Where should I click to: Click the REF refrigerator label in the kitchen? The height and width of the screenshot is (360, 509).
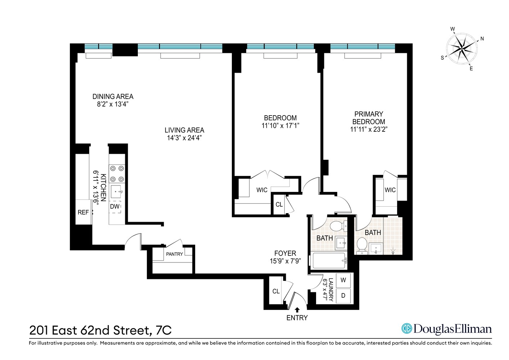click(83, 212)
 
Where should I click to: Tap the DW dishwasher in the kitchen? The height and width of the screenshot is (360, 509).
click(115, 207)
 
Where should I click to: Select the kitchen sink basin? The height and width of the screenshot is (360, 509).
click(117, 192)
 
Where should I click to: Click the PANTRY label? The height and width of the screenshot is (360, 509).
click(175, 254)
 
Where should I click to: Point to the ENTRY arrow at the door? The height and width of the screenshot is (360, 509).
click(297, 309)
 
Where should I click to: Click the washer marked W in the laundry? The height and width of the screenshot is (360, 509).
click(343, 280)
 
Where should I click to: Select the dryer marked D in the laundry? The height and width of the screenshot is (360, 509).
click(343, 296)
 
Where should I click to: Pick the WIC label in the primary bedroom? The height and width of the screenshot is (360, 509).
click(390, 190)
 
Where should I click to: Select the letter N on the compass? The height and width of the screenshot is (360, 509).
click(482, 39)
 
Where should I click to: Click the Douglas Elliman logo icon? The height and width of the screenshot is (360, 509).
click(407, 328)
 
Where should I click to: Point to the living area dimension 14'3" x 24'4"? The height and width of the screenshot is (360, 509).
click(184, 138)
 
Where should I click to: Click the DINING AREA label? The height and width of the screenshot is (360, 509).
click(113, 96)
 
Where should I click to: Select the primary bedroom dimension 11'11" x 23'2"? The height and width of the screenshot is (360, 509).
click(369, 130)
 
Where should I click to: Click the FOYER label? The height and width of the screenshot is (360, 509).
click(285, 253)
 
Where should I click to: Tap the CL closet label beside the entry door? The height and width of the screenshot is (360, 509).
click(276, 291)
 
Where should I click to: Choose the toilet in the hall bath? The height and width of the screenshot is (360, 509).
click(337, 226)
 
